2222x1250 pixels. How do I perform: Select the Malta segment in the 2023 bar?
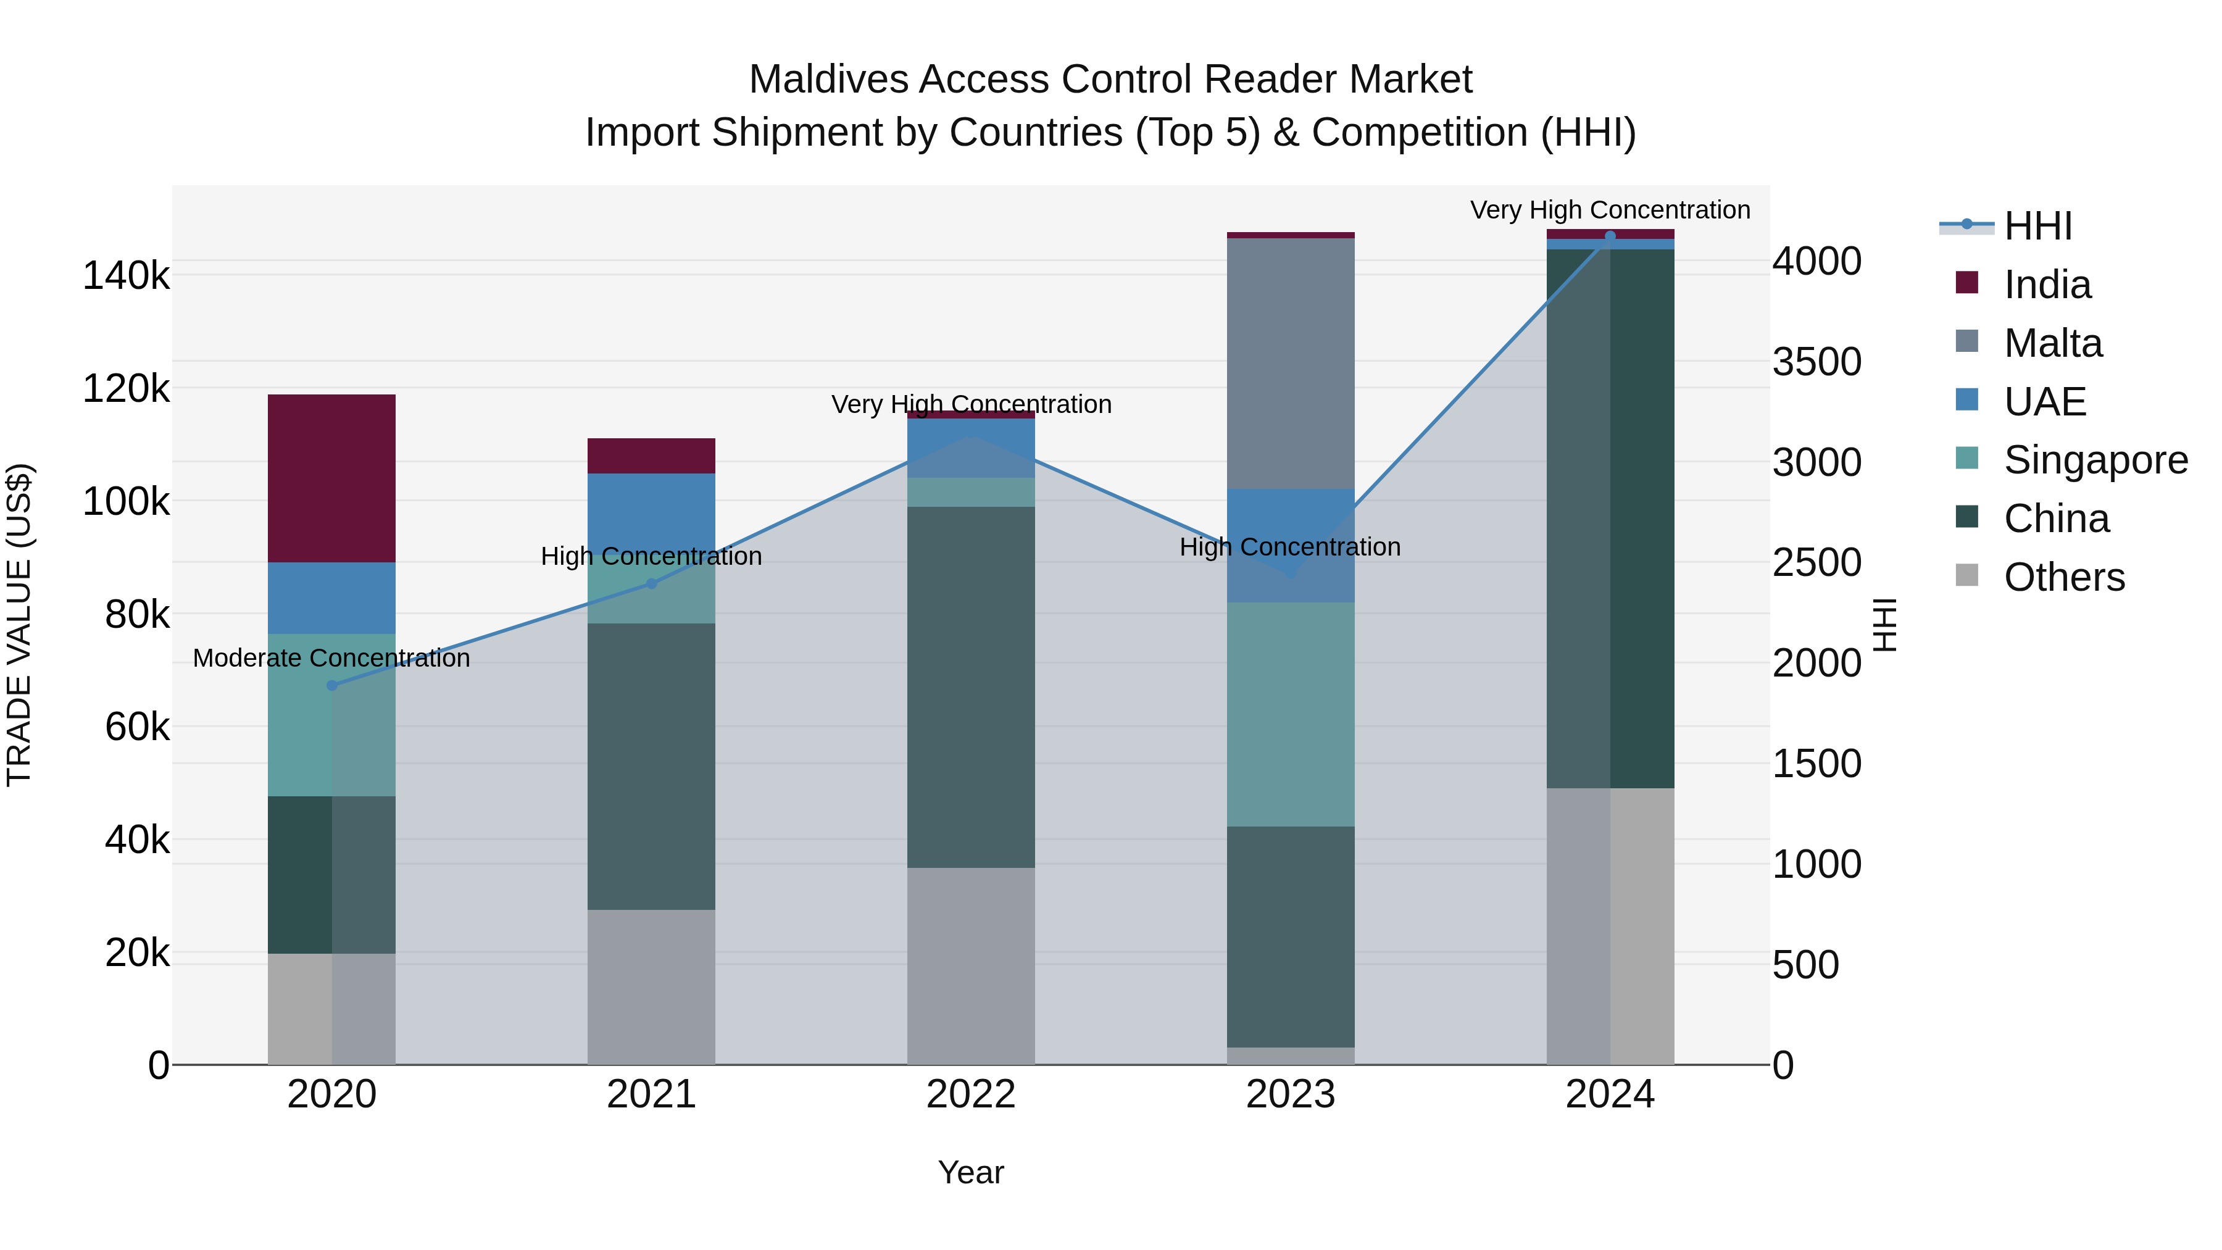1291,362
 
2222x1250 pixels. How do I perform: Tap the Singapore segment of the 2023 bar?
1291,714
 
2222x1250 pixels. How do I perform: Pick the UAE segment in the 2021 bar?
651,509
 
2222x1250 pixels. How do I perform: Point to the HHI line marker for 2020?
332,686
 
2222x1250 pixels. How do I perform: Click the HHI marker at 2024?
1610,236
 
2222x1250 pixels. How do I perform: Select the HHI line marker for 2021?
651,584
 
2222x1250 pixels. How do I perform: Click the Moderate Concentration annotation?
331,658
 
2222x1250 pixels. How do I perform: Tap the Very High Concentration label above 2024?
1610,210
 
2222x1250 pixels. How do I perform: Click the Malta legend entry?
2052,343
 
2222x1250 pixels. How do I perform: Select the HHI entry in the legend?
2037,226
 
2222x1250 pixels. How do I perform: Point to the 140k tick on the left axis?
126,276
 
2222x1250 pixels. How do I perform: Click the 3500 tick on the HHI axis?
1816,362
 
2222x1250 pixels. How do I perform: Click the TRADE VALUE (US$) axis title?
19,625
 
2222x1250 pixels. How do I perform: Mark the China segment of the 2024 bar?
1610,518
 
